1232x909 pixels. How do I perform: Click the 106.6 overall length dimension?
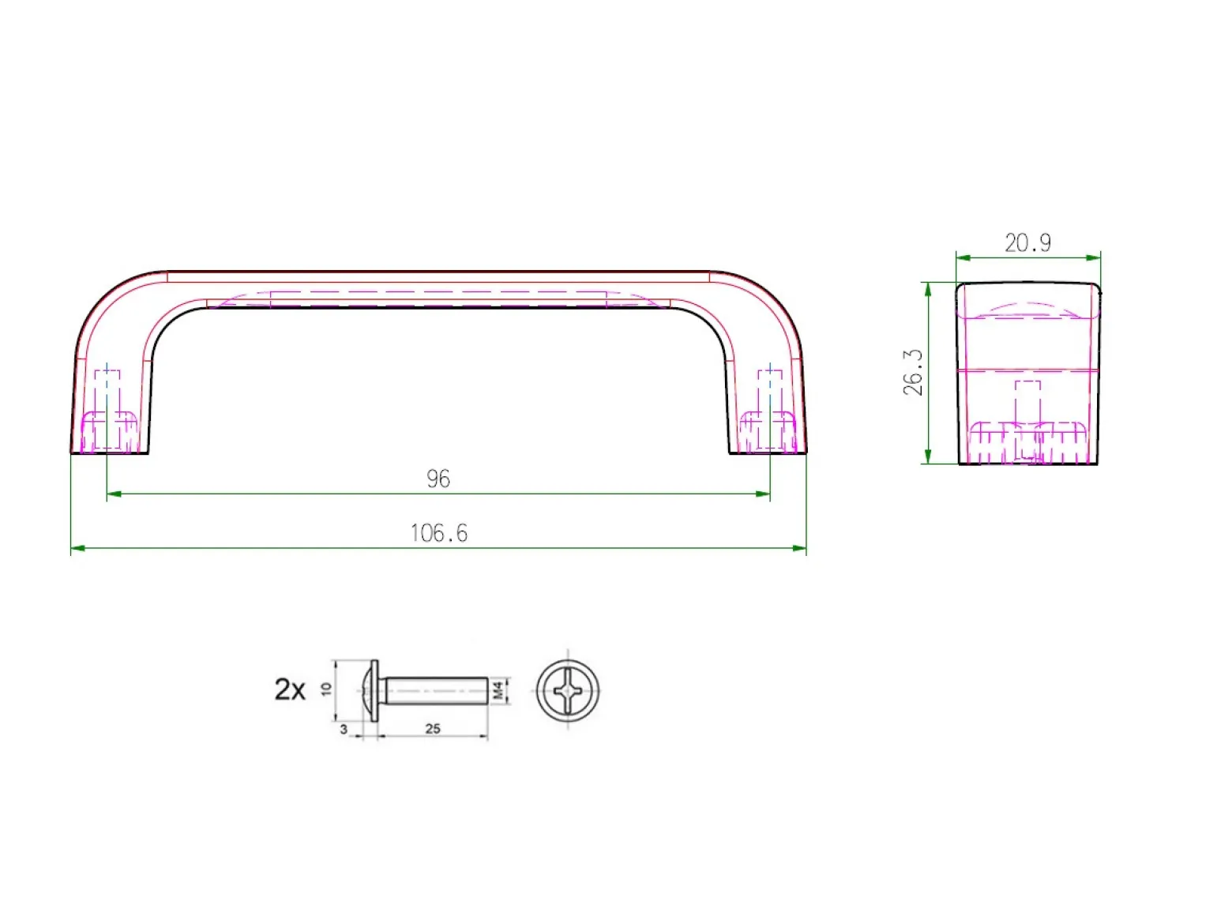(438, 533)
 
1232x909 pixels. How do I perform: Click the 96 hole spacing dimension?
(438, 479)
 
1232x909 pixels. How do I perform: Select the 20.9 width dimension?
(1027, 243)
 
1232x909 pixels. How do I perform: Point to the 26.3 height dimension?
(913, 372)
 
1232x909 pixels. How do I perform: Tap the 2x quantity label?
(290, 689)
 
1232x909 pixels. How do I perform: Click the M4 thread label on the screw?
(498, 691)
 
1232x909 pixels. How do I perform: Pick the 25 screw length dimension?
(433, 728)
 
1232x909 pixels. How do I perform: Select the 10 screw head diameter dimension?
(326, 689)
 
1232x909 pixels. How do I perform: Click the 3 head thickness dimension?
(344, 729)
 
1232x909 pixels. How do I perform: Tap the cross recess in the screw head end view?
(568, 691)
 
